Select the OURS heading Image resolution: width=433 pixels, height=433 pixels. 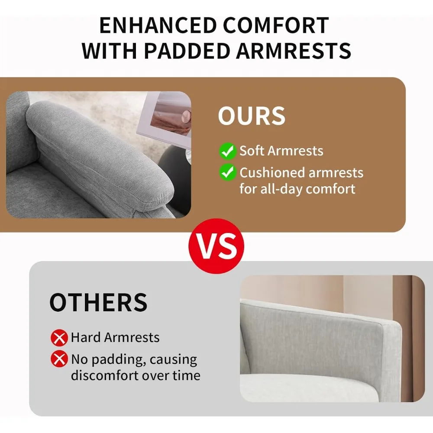pos(252,116)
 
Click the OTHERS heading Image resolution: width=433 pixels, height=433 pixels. pos(98,302)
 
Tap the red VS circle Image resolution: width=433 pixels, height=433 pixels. pos(216,246)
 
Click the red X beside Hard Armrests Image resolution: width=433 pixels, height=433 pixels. pos(59,338)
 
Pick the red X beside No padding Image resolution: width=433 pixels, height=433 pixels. pos(59,359)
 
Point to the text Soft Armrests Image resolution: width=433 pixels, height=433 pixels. pos(281,151)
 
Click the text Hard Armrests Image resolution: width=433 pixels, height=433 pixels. pos(115,337)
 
